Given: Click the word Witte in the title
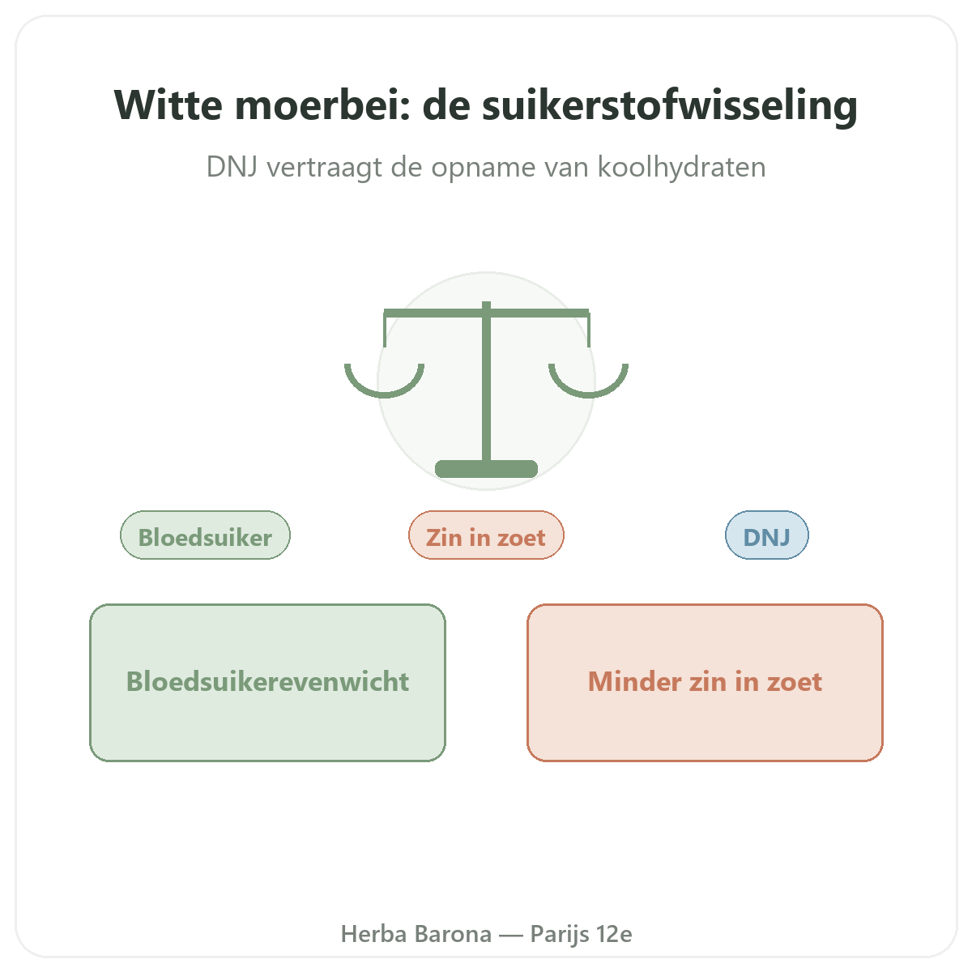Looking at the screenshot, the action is click(x=168, y=105).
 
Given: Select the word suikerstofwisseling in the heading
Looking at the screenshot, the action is click(x=669, y=106).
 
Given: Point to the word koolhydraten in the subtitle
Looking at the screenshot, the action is click(x=681, y=167).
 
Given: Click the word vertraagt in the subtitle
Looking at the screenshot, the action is click(x=324, y=168).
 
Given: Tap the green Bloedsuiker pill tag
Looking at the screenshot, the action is click(x=205, y=535).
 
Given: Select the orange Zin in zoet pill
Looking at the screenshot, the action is click(x=486, y=535).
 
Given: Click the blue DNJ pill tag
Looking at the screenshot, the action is click(x=767, y=535).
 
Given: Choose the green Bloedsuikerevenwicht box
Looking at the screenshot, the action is click(x=267, y=683).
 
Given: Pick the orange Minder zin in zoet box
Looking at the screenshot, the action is click(x=705, y=683).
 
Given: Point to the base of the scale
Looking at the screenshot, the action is click(x=486, y=469).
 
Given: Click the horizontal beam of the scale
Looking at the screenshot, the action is click(x=486, y=313).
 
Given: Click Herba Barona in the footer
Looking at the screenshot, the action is click(x=416, y=934).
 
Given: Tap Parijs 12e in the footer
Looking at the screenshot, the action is click(x=581, y=935).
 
